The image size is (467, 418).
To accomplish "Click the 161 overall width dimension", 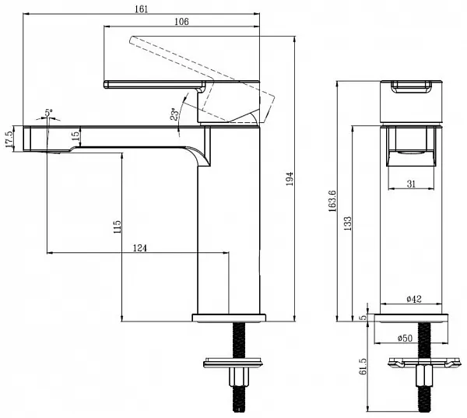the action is click(141, 9).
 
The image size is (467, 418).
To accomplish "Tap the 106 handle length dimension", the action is click(181, 22).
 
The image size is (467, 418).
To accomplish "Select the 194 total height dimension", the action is click(290, 178).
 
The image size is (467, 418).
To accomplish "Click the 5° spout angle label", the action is click(48, 113).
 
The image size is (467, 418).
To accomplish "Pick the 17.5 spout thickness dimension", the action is click(9, 139).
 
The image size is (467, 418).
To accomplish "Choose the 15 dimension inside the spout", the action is click(76, 135).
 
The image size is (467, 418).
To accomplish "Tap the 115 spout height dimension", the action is click(118, 227).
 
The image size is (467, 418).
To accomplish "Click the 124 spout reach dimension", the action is click(139, 248).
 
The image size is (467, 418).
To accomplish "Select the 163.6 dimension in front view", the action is click(332, 201).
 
